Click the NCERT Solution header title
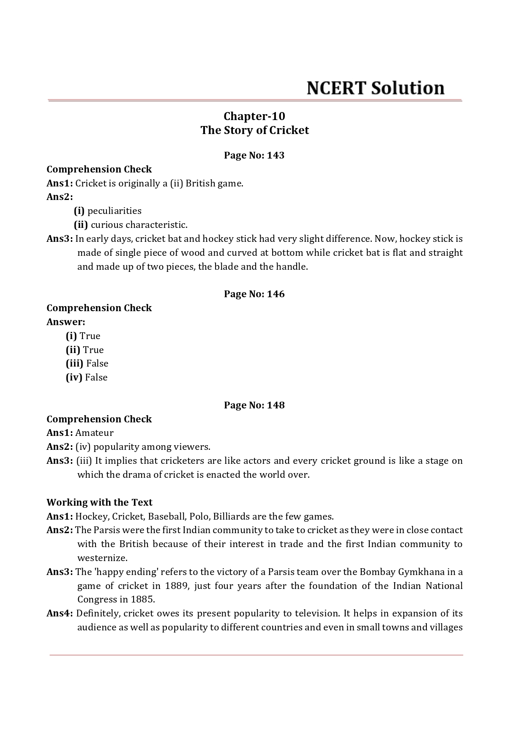point(375,88)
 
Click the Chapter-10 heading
point(254,116)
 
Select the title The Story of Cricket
point(254,130)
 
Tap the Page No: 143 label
point(254,155)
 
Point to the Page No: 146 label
point(254,294)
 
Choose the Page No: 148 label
point(254,405)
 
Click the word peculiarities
point(114,211)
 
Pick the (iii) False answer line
point(87,363)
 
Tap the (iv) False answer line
point(87,377)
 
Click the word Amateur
point(94,433)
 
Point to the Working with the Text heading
point(99,502)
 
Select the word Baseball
point(166,516)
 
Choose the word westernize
point(102,558)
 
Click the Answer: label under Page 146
point(66,322)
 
